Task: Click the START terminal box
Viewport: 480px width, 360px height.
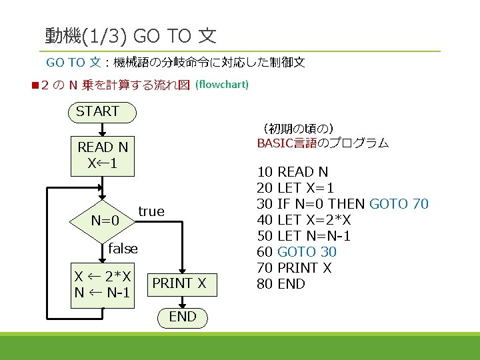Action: [102, 112]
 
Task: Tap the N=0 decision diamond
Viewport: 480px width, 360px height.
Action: [105, 220]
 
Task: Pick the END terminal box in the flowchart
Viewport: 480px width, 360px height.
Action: [182, 317]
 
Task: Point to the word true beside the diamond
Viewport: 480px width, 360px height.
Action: [151, 211]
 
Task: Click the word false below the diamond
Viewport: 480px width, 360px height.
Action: [123, 249]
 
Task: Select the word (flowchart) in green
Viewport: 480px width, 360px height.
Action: [222, 85]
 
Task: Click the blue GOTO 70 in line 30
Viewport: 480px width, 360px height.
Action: [399, 204]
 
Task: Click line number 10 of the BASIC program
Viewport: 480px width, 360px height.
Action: [265, 172]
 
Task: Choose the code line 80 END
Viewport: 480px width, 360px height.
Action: [281, 284]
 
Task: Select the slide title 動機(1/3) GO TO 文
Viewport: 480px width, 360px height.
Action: [131, 35]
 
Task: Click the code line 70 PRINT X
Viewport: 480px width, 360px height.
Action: [294, 268]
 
